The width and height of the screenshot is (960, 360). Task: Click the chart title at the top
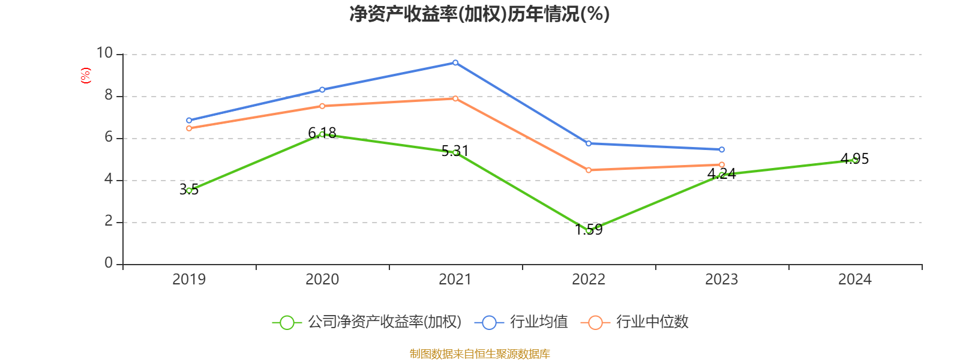(479, 14)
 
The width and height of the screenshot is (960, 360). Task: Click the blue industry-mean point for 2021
(455, 62)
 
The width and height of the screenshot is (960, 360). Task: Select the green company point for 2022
(589, 230)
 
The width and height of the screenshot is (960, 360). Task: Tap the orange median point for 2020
(322, 106)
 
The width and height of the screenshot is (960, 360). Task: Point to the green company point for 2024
(855, 160)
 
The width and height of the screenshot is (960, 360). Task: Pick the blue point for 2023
(722, 149)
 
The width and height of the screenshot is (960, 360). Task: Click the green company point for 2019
(189, 190)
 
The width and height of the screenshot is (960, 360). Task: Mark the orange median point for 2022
(589, 170)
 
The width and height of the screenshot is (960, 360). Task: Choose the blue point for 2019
(189, 121)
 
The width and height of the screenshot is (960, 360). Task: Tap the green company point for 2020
(322, 134)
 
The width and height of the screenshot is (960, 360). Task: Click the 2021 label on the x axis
(455, 279)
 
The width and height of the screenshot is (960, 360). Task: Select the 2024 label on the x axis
(855, 279)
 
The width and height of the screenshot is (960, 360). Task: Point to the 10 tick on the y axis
(105, 53)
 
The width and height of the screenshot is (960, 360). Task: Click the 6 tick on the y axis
(109, 137)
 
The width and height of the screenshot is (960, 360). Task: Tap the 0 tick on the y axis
(109, 263)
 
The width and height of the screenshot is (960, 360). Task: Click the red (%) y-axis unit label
(86, 76)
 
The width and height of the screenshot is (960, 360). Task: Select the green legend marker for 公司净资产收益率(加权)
(287, 322)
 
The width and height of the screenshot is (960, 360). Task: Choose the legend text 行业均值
(539, 322)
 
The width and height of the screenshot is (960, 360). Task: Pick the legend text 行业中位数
(652, 322)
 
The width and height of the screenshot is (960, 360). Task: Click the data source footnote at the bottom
(479, 354)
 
